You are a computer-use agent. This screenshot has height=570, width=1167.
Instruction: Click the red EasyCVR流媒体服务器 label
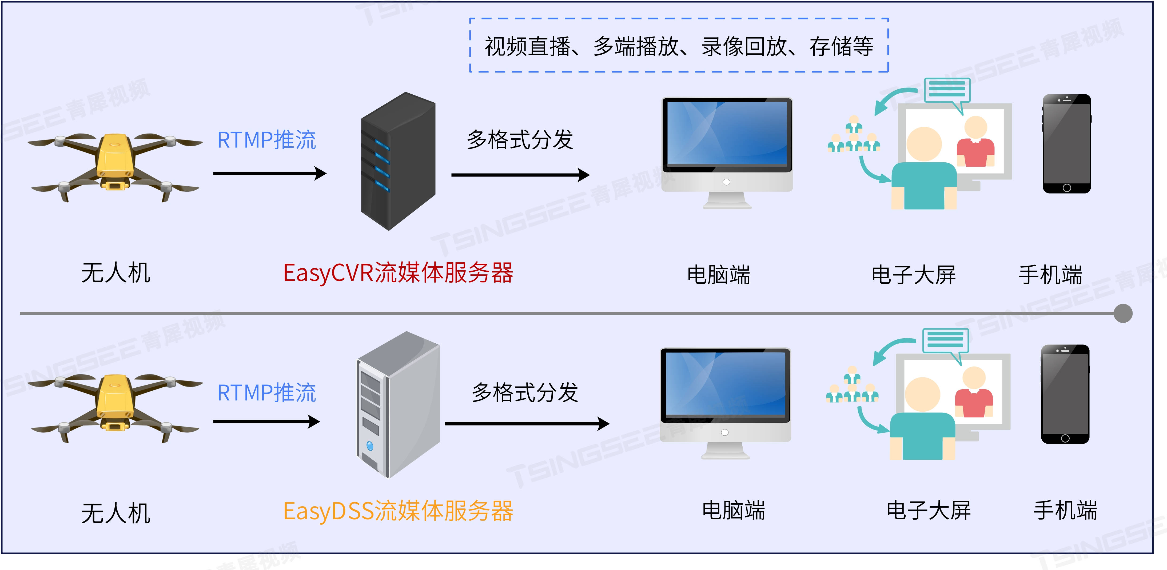click(x=398, y=273)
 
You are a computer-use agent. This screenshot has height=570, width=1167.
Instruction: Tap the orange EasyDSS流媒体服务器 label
click(x=398, y=511)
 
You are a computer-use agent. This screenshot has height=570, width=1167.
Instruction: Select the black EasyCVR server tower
click(x=398, y=161)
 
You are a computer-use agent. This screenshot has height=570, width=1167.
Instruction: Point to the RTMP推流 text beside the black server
click(x=266, y=140)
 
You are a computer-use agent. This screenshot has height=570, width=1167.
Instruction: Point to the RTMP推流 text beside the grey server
click(x=266, y=392)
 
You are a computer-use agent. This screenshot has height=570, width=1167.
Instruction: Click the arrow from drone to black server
click(x=270, y=173)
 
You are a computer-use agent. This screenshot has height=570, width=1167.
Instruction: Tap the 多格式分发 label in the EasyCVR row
click(x=520, y=140)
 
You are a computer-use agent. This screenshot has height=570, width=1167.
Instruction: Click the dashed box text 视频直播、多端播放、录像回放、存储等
click(x=679, y=46)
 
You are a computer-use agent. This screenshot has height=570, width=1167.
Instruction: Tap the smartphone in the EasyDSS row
click(x=1065, y=394)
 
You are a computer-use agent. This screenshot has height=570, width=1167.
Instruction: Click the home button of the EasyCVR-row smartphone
click(x=1066, y=187)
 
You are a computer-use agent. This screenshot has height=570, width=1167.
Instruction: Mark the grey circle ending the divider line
click(x=1123, y=313)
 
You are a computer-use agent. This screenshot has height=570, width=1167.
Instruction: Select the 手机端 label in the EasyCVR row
click(x=1050, y=275)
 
